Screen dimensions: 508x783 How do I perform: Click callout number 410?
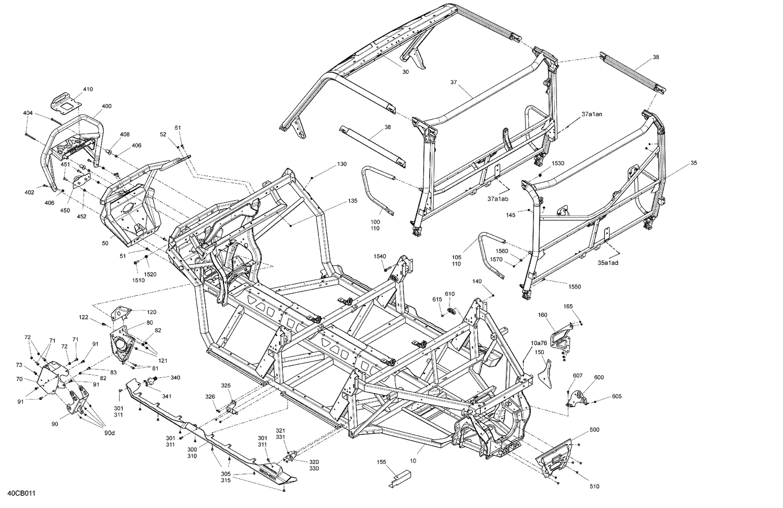88,89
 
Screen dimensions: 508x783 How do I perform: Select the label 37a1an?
592,114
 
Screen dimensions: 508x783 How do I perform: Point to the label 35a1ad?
608,263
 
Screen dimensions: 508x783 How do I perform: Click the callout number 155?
382,462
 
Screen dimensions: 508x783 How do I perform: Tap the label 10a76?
539,343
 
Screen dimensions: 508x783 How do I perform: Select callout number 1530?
558,164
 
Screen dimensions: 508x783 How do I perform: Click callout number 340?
175,377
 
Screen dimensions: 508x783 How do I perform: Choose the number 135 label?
353,201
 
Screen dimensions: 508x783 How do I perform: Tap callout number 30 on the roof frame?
406,72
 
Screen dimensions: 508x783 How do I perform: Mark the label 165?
568,306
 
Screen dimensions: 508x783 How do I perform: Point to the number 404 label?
28,113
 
